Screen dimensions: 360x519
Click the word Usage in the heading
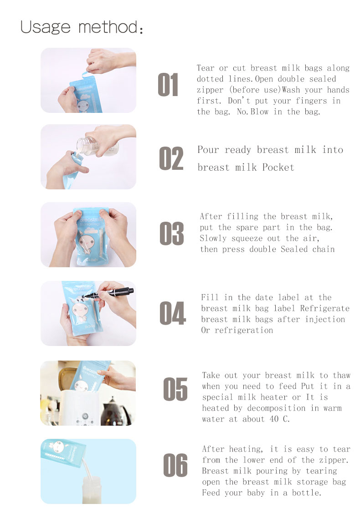pos(46,27)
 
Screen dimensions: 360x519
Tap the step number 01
pos(168,85)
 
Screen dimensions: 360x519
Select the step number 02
pos(171,158)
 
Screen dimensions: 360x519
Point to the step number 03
pos(171,234)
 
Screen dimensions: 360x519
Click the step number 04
pos(173,313)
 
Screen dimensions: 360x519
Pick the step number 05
pos(175,389)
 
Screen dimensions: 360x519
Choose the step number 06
pos(175,465)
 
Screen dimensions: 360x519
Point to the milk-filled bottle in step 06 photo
pos(92,490)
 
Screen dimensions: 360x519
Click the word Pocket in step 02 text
pos(278,168)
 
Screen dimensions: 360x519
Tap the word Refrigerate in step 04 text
pos(325,309)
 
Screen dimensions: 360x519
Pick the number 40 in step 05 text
pos(274,419)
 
